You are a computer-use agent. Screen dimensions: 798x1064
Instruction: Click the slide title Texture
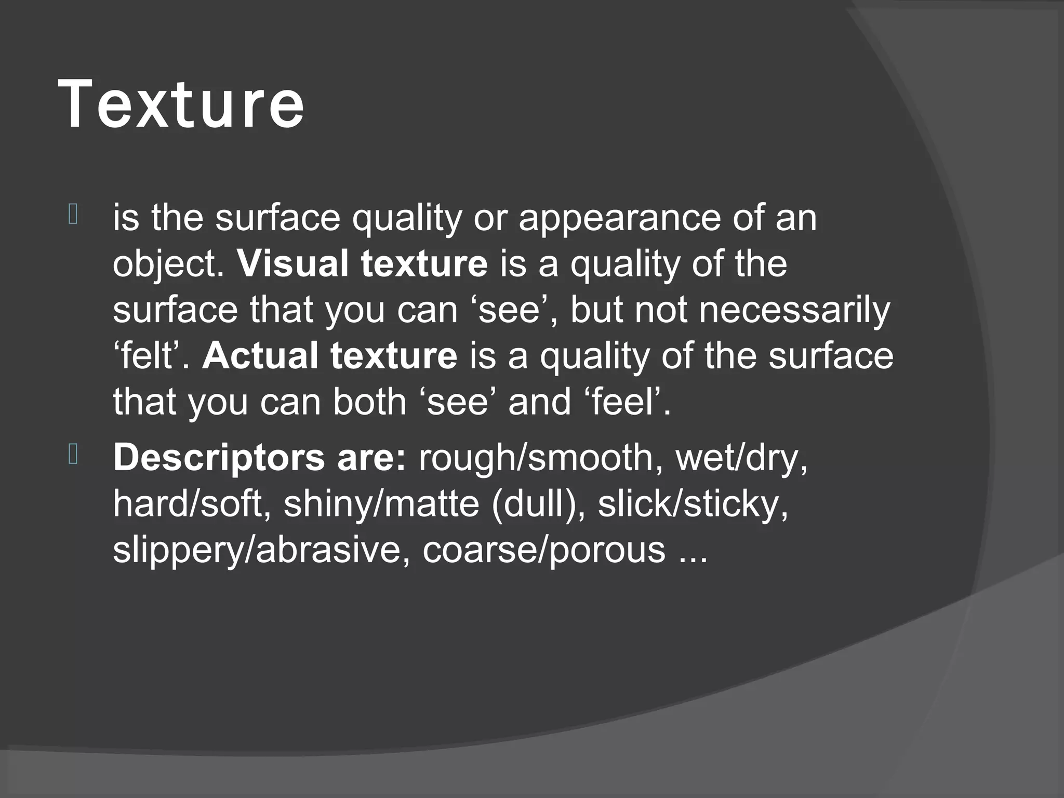click(181, 104)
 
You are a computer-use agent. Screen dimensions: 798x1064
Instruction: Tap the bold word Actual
click(259, 356)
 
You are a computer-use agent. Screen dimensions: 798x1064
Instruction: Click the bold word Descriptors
click(218, 458)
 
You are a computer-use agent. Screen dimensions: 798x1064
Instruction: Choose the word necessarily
click(794, 310)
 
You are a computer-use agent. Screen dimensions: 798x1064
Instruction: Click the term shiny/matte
click(381, 503)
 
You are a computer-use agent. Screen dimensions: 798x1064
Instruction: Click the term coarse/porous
click(543, 550)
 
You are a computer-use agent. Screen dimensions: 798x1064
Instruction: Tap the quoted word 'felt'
click(151, 356)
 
